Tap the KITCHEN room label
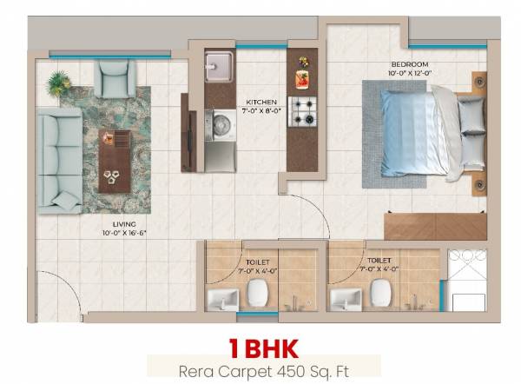[261, 101]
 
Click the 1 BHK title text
[263, 348]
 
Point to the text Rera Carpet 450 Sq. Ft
[263, 369]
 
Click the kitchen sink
[219, 65]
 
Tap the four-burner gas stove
[303, 111]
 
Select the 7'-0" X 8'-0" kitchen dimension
[261, 111]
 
